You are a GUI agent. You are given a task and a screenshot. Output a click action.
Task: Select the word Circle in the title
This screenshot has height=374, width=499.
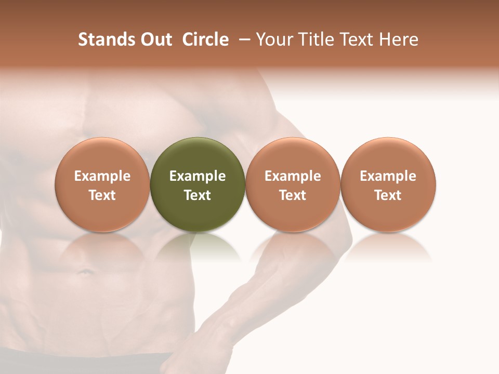tap(205, 39)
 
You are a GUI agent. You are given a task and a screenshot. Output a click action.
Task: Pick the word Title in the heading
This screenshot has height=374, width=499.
tap(316, 39)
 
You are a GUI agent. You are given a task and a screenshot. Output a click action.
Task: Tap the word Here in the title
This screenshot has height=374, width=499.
tap(399, 39)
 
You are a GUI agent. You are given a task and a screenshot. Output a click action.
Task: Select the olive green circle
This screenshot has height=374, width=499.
tap(198, 156)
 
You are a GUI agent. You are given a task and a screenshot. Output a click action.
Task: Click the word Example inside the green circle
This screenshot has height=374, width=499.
tap(198, 176)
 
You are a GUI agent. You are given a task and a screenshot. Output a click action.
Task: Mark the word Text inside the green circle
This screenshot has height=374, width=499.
tap(198, 195)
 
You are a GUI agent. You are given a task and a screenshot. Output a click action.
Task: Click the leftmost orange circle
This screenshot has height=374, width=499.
tap(102, 156)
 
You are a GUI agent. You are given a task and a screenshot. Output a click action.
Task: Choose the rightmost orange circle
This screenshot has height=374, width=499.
tap(388, 156)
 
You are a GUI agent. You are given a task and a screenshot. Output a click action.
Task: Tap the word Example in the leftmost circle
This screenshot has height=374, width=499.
tap(102, 176)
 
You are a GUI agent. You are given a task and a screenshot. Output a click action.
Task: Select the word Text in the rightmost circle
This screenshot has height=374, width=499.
tap(388, 195)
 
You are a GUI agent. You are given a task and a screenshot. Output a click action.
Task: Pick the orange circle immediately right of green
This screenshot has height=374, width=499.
tap(293, 156)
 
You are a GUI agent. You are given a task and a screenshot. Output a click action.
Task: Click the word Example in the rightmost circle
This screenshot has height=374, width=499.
tap(388, 176)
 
